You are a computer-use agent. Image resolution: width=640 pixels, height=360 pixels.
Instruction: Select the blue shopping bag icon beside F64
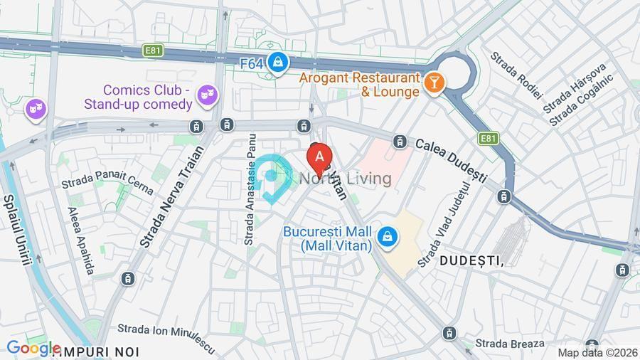click(278, 63)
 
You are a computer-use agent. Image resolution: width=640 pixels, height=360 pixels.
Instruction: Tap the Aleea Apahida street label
click(81, 240)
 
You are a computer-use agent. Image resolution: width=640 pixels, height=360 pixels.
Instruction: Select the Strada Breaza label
click(510, 344)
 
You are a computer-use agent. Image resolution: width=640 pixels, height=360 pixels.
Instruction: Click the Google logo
click(33, 349)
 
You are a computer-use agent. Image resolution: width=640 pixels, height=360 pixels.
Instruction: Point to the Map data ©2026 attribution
click(597, 352)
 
